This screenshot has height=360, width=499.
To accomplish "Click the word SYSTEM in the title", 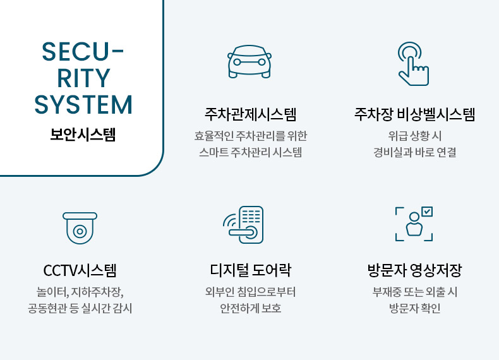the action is (x=83, y=105).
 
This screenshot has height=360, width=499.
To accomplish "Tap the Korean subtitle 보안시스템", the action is (x=83, y=135).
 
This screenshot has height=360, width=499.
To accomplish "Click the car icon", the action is (x=249, y=61).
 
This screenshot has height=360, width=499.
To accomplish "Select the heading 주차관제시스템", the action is (x=251, y=114).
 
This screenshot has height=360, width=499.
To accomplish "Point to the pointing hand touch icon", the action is (x=413, y=64).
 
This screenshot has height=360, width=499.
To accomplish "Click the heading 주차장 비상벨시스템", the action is (x=414, y=114).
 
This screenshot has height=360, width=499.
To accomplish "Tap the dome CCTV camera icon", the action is (x=80, y=228).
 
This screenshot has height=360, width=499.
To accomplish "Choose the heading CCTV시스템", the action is (x=80, y=270).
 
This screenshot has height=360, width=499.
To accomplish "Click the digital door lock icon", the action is (x=243, y=225).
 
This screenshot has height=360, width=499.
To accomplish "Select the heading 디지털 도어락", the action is (x=251, y=270).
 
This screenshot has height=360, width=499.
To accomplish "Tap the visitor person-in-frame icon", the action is (x=414, y=224).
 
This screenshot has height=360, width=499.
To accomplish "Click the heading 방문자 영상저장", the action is (x=414, y=270).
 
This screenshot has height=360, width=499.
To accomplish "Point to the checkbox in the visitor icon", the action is (x=427, y=212).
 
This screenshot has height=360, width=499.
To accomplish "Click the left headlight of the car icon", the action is (x=237, y=62).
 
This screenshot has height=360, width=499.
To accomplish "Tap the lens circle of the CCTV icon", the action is (x=80, y=231).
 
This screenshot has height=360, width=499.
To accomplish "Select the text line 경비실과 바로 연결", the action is (x=414, y=152).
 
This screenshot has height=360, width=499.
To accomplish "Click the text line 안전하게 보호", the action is (x=251, y=308).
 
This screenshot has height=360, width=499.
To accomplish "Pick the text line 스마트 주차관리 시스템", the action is (x=251, y=152).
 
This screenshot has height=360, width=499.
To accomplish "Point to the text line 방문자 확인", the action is (x=414, y=308).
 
